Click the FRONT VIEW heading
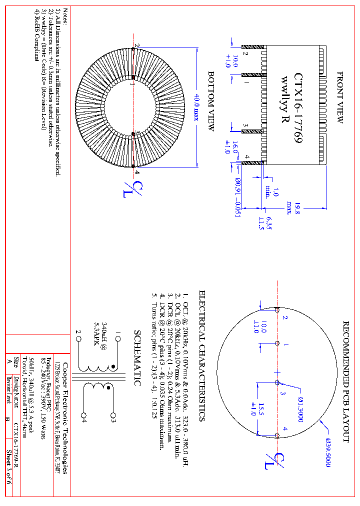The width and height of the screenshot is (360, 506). click(340, 98)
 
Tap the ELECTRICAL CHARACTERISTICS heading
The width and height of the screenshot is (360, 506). click(202, 355)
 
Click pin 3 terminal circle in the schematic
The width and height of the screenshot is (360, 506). click(112, 414)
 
